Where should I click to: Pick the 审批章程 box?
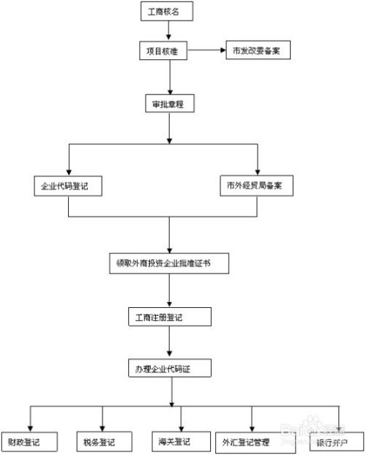click(x=169, y=105)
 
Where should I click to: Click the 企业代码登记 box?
click(x=68, y=186)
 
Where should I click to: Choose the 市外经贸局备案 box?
click(x=258, y=186)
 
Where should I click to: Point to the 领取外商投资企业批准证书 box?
click(x=169, y=262)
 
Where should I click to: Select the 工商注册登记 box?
click(x=169, y=317)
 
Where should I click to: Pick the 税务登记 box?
click(x=102, y=442)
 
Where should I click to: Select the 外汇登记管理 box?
click(x=251, y=442)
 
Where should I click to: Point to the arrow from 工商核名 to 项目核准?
click(x=169, y=31)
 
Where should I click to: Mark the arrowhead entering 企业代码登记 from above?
click(x=68, y=171)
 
